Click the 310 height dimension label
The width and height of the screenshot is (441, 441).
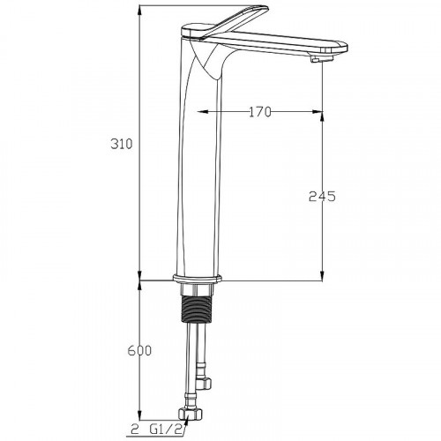[122, 144]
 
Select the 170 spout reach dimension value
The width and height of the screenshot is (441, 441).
[260, 112]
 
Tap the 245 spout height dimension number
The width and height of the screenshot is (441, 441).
[322, 196]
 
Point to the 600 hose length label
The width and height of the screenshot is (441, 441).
[139, 350]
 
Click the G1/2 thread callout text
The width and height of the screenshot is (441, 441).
[168, 430]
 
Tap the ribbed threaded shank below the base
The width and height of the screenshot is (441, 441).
[197, 310]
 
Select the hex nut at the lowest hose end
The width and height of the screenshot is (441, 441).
[191, 415]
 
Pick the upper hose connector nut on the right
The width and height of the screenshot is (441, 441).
[205, 383]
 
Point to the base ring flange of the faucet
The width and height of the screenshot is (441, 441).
[197, 278]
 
